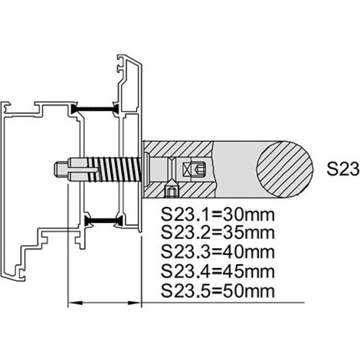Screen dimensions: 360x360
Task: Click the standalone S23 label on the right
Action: click(x=343, y=169)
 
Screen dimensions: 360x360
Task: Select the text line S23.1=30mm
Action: click(x=218, y=215)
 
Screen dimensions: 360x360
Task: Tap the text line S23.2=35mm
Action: click(x=218, y=233)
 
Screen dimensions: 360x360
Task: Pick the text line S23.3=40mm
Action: click(x=218, y=252)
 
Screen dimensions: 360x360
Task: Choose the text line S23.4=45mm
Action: click(x=218, y=271)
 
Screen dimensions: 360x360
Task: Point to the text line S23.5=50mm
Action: click(x=218, y=291)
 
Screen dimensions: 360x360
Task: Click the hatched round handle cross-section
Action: click(x=285, y=169)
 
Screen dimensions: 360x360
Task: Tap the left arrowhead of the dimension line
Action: click(x=76, y=303)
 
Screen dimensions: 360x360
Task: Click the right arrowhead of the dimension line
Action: click(x=134, y=303)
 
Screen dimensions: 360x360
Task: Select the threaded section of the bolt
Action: click(x=119, y=169)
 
